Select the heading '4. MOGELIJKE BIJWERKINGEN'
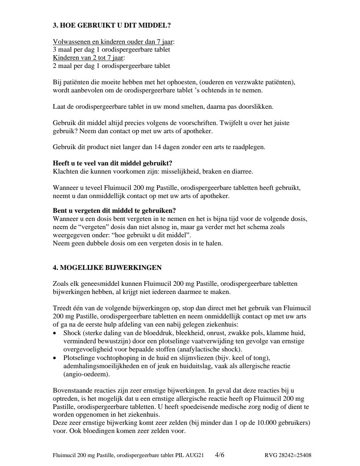click(x=107, y=268)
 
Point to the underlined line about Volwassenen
click(x=113, y=42)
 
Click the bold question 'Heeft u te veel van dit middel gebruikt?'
click(x=112, y=163)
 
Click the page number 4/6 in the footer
click(x=219, y=454)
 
